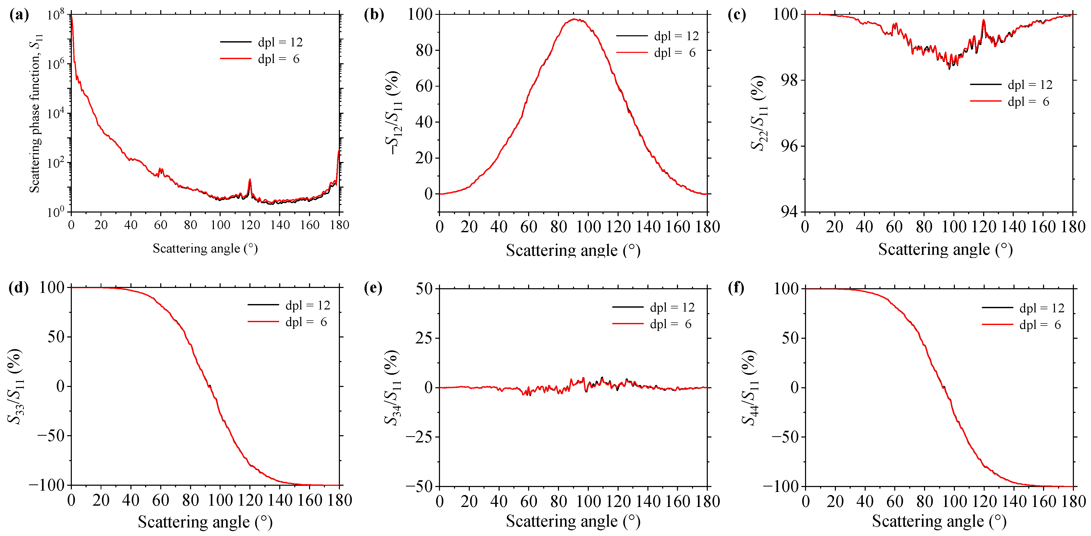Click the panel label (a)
[19, 15]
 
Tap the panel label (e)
[373, 288]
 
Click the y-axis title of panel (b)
[394, 112]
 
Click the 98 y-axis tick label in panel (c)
[789, 80]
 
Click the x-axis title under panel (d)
[205, 522]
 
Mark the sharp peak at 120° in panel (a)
[250, 180]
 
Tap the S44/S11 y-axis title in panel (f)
[750, 387]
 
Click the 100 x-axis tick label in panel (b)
[588, 227]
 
